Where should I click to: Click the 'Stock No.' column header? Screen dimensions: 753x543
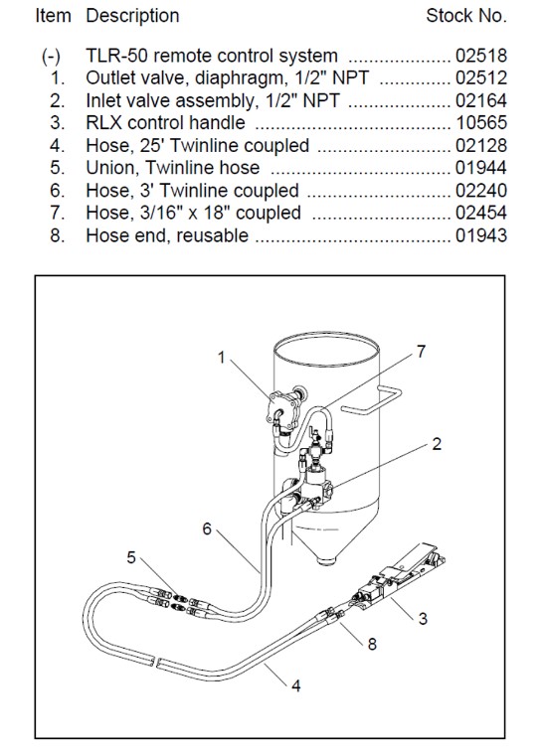point(466,16)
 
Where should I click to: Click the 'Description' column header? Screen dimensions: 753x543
point(132,16)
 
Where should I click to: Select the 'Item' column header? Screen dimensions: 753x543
point(55,16)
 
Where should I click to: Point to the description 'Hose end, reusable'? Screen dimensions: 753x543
point(167,235)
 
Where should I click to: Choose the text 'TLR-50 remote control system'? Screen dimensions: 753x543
point(212,56)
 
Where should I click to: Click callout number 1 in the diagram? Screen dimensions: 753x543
point(222,359)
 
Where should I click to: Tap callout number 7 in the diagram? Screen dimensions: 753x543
point(421,351)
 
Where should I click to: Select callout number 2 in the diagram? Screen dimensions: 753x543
point(437,444)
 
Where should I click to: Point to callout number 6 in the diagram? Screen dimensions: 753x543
point(207,528)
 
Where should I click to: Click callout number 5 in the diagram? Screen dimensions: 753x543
point(131,557)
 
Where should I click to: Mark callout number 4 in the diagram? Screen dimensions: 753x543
point(295,684)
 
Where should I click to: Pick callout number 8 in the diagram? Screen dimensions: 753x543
point(372,644)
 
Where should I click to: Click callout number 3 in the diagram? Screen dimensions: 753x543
point(423,619)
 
